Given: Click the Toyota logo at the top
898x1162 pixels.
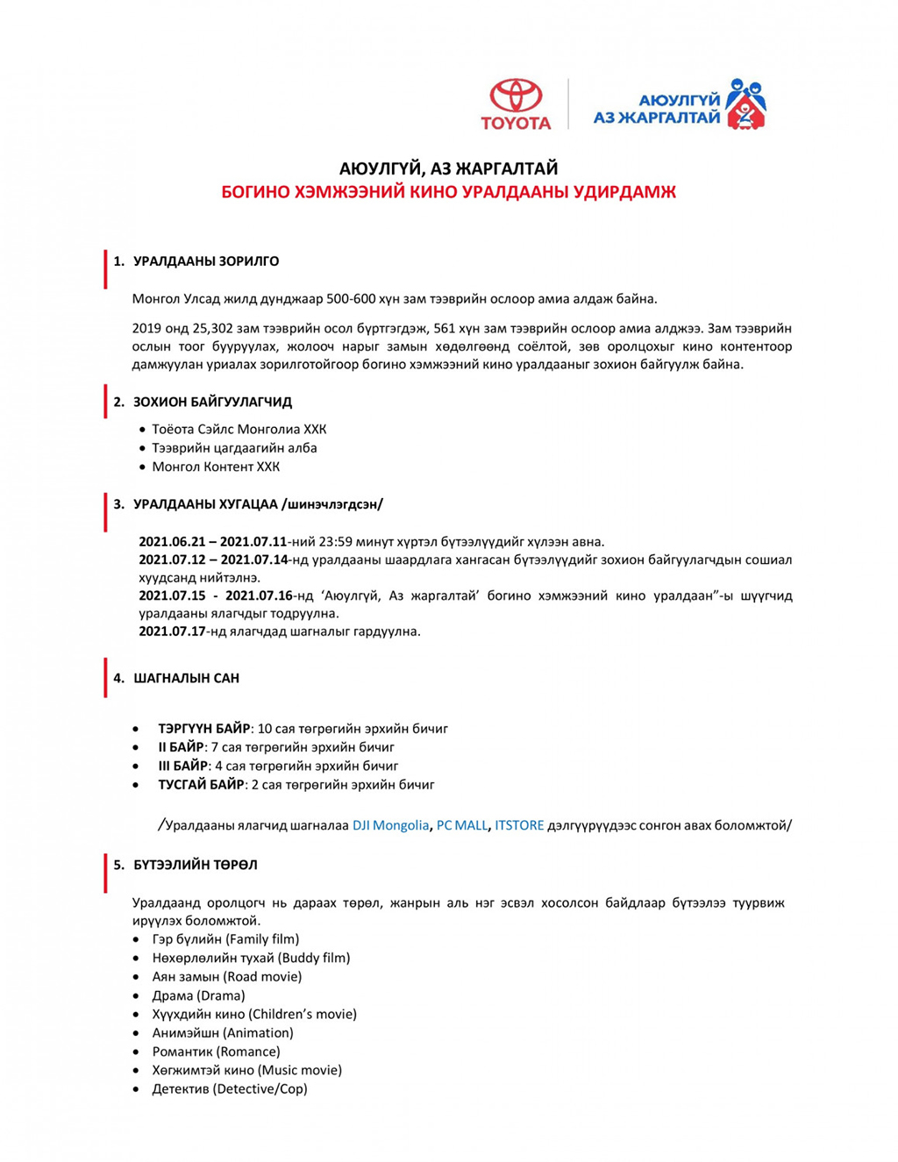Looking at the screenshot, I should [516, 104].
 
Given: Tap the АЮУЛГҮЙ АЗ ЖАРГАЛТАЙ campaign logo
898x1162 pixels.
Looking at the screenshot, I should [679, 104].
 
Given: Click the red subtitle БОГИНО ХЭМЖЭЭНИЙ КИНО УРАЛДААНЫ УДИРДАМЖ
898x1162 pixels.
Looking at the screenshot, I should [448, 192].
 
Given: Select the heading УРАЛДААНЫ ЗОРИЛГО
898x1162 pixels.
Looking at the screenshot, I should [206, 261].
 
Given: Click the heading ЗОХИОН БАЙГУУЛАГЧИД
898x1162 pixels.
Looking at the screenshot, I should [212, 403].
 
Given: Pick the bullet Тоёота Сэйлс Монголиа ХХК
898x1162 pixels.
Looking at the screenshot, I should [239, 430].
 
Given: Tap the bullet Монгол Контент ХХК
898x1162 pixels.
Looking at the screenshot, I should [216, 467].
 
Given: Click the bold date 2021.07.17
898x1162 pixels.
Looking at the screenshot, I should [172, 631].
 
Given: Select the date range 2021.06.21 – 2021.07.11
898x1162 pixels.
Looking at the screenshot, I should [213, 542].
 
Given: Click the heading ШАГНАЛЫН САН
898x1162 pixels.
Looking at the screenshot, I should [186, 679].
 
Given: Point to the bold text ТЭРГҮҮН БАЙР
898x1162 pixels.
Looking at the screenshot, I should [203, 729].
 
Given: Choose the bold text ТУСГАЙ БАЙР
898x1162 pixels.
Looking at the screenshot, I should [201, 785].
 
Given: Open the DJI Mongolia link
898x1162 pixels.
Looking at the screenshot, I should [390, 825].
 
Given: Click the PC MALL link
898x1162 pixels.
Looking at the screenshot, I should [461, 825].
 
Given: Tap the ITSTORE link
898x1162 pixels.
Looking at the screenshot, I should [519, 825].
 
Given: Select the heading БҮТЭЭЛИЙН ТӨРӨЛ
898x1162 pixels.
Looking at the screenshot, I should [196, 866].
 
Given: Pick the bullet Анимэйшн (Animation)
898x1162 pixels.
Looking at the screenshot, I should [223, 1033].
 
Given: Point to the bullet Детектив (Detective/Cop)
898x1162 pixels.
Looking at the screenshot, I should [230, 1089].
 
